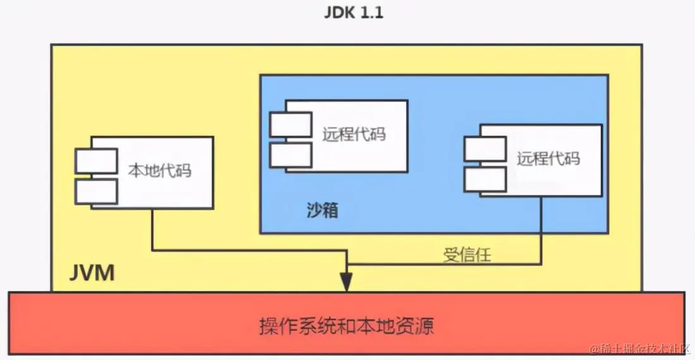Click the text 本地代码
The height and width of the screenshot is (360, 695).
point(160,171)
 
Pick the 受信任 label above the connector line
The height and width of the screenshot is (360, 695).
point(467,255)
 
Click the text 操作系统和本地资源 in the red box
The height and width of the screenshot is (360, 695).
point(347,327)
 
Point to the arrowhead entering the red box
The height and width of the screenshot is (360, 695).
point(346,283)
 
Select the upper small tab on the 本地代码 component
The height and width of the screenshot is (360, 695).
point(96,161)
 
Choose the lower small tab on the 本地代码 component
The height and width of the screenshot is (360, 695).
point(96,191)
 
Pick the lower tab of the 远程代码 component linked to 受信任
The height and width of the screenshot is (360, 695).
point(485,179)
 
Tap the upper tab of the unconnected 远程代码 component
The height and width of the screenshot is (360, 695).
point(291,124)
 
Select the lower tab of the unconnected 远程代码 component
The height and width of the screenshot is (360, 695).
point(291,155)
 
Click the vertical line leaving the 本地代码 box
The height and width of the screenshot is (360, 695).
point(152,227)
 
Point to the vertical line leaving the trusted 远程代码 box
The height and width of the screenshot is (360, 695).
point(541,227)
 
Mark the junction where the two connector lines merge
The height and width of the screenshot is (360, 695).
point(346,263)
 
